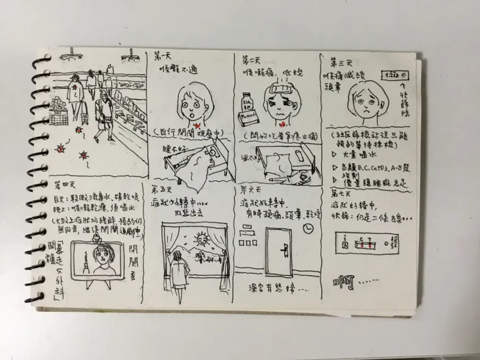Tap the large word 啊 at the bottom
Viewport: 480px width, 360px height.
(x=344, y=283)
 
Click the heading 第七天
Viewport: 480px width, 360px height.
(x=342, y=193)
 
